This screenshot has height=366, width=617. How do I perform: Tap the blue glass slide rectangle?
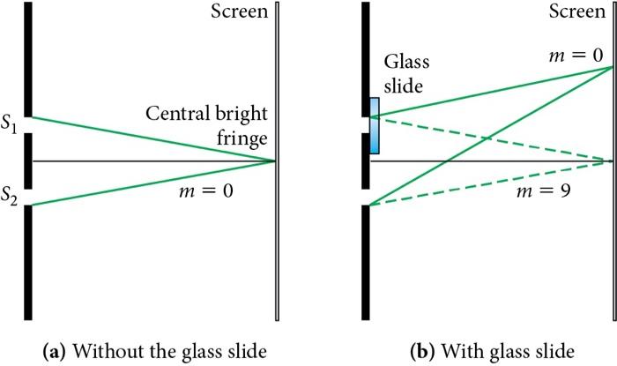coord(375,125)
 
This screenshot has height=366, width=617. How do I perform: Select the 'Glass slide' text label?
coord(405,74)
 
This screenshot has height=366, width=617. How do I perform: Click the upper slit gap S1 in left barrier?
coord(29,124)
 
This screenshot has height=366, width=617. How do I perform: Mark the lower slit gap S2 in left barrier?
coord(29,197)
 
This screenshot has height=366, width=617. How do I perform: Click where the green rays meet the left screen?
coord(276,161)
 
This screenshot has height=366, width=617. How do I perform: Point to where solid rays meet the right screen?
coord(612,67)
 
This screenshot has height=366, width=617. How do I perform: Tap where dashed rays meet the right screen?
coord(612,161)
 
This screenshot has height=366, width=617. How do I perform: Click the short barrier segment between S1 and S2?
coord(29,161)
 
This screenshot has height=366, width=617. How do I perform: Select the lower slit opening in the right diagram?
coord(367,197)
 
